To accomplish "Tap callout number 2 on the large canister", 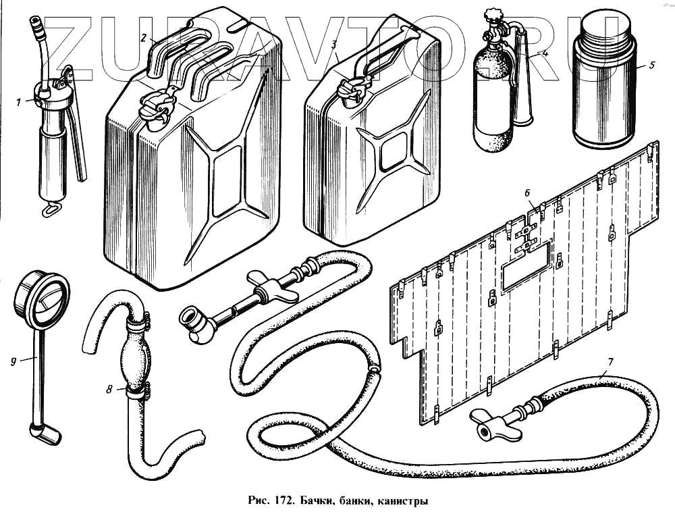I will tap(143, 38).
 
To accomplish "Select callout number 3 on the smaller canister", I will tap(334, 45).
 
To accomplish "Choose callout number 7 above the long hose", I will tap(610, 362).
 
